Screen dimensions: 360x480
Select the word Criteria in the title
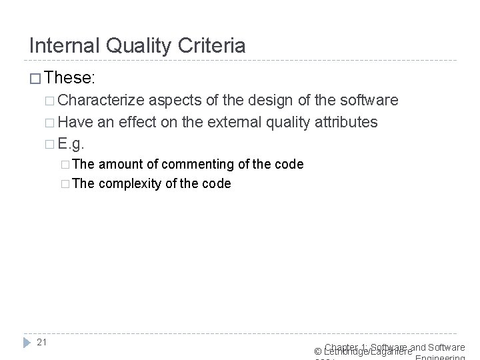point(213,45)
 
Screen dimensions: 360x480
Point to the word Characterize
point(101,101)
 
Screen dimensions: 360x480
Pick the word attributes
point(346,122)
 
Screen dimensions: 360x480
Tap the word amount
point(121,164)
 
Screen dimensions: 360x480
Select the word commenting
point(193,164)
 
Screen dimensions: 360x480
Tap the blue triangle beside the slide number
point(27,343)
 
